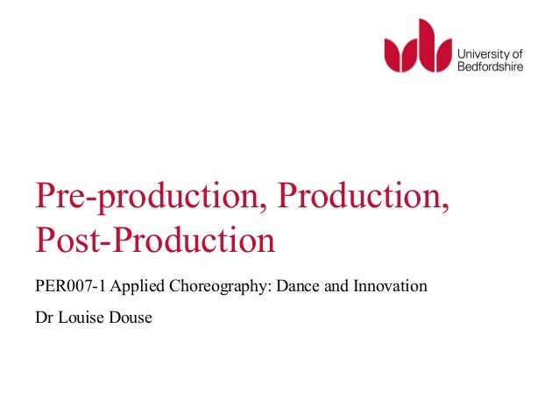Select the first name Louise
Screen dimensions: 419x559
[x=80, y=317]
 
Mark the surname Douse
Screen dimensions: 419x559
[x=131, y=317]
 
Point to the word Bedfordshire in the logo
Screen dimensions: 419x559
[x=492, y=66]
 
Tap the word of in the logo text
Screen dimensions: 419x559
[x=515, y=52]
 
